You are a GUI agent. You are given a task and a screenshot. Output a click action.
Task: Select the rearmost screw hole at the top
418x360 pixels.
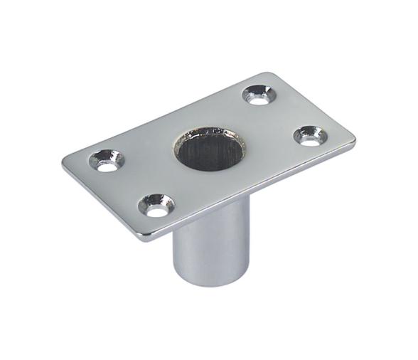(257, 95)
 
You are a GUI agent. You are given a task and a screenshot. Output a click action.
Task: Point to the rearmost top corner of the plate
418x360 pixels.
(268, 73)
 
